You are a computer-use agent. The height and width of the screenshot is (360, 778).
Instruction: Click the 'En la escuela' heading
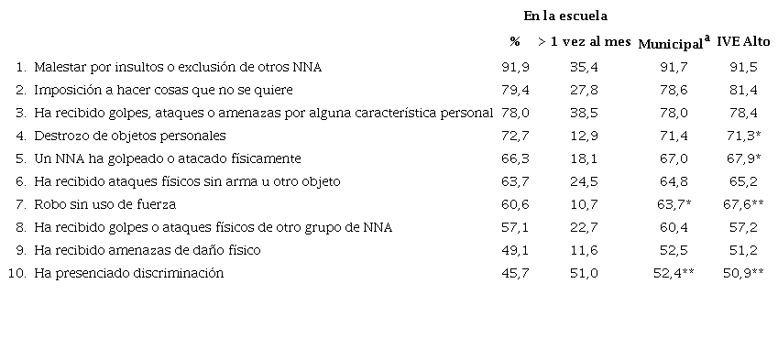tap(565, 16)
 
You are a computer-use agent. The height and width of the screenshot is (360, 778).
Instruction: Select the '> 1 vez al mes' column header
tap(584, 42)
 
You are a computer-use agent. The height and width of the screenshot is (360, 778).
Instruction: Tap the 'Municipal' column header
tap(672, 44)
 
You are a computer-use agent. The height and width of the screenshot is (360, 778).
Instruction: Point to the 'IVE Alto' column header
tap(743, 42)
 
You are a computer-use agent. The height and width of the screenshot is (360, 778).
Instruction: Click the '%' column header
tap(515, 42)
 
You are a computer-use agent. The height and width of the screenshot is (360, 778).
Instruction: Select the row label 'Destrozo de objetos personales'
tap(129, 136)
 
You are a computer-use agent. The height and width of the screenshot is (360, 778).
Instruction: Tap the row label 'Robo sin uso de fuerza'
tap(104, 204)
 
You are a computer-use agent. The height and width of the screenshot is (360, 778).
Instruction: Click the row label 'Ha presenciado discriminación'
tap(128, 273)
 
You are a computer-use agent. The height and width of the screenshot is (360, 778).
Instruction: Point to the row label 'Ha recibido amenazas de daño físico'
tap(146, 250)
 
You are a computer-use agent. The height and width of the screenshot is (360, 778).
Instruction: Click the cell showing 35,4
tap(584, 67)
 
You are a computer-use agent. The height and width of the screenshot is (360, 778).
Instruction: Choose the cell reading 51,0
tap(584, 273)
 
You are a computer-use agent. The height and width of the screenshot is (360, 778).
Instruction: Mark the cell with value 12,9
tap(584, 136)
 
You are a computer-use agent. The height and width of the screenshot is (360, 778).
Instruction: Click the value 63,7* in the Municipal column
tap(674, 204)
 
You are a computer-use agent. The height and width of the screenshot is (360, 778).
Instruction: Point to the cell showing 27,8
tap(584, 90)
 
